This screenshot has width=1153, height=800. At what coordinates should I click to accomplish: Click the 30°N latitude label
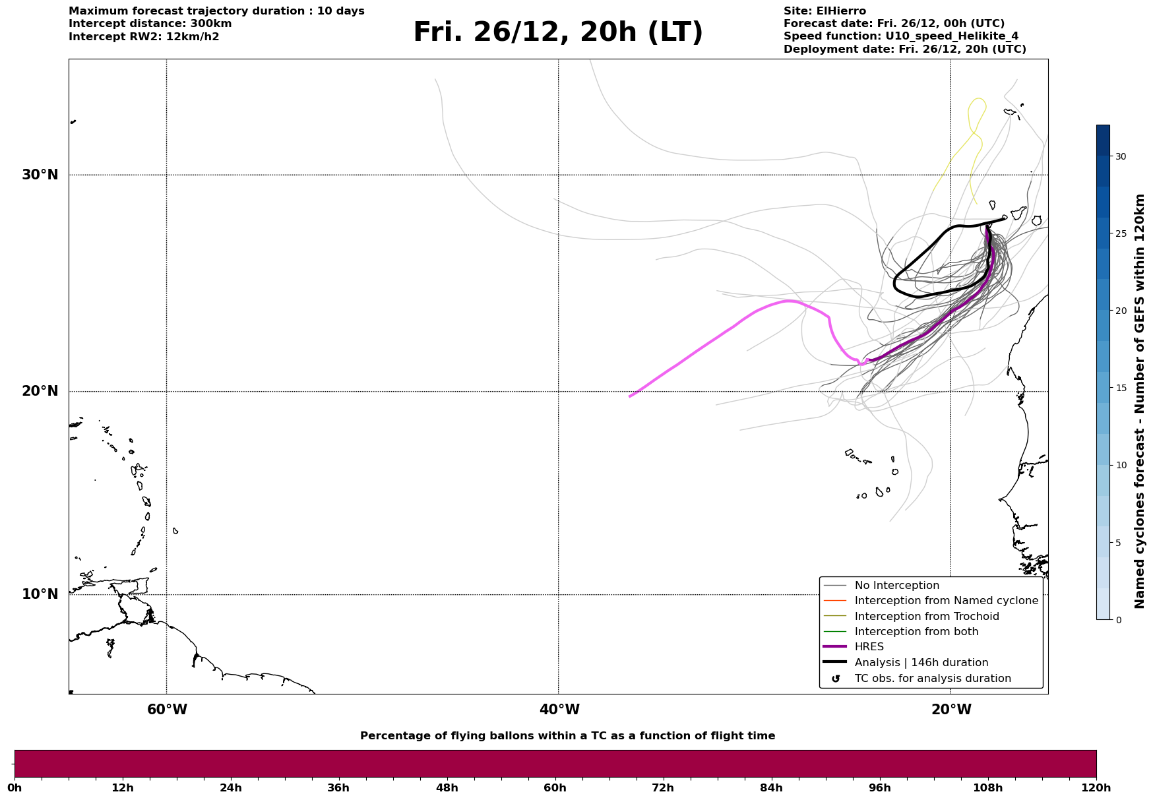(40, 175)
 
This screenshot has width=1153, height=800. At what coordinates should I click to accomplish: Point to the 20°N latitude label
(40, 391)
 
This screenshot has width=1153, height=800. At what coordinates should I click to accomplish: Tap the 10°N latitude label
(40, 594)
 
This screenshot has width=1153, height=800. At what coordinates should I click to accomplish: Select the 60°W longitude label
(167, 710)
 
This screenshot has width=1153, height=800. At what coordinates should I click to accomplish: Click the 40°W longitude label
(559, 710)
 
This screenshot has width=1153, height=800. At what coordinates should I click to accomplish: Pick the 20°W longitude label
(951, 710)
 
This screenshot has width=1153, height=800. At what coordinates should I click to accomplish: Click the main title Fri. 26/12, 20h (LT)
(558, 32)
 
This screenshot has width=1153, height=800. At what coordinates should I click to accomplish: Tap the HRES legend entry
(869, 647)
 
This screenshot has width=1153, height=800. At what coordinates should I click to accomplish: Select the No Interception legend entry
(896, 586)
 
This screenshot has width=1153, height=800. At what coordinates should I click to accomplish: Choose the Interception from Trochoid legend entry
(926, 617)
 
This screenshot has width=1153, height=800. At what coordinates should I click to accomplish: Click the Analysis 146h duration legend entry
(921, 663)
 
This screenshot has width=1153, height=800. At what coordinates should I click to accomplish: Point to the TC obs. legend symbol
(836, 679)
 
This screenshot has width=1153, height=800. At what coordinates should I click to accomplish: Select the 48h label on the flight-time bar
(447, 787)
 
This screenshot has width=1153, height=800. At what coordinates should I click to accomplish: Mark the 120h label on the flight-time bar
(1096, 787)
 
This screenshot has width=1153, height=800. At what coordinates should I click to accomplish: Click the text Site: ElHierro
(825, 11)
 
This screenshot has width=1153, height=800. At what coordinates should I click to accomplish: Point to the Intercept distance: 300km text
(150, 24)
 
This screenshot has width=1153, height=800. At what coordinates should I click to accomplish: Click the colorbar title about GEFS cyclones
(1139, 401)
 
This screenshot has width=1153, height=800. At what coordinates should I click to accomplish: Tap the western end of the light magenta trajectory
(631, 396)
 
